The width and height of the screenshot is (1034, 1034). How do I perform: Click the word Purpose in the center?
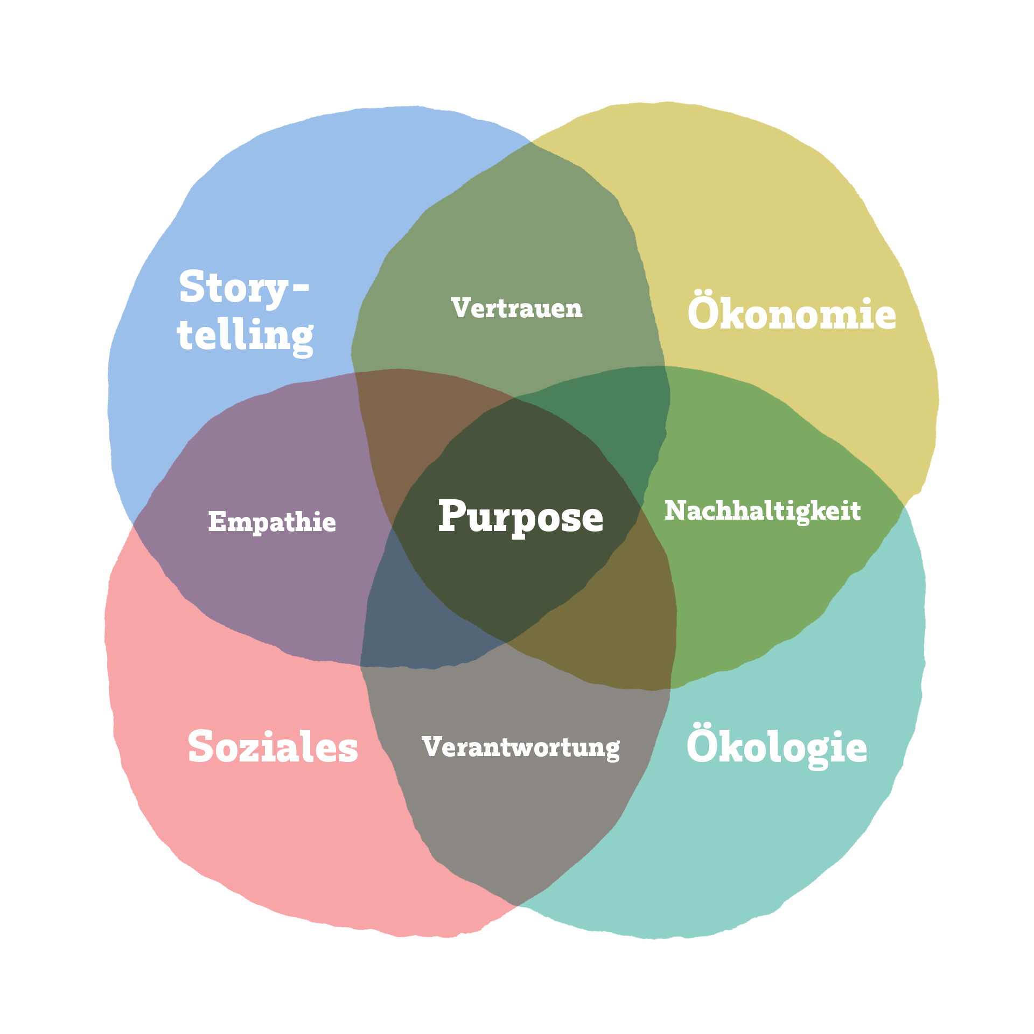coord(520,517)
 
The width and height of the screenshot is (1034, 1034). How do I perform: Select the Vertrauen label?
coord(517,308)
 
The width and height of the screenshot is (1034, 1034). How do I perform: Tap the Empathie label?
coord(272,522)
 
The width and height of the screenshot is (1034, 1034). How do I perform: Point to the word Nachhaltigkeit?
coord(763,511)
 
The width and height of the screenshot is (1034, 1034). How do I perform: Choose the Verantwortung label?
coord(521,747)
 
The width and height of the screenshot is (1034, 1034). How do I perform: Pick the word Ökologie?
coord(777,747)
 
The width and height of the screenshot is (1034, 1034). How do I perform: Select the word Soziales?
coord(273,747)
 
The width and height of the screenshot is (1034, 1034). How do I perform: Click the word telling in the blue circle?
coord(245,336)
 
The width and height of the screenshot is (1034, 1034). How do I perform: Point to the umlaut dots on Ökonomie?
coord(705,294)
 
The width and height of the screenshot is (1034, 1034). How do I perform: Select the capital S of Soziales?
coord(200,747)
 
